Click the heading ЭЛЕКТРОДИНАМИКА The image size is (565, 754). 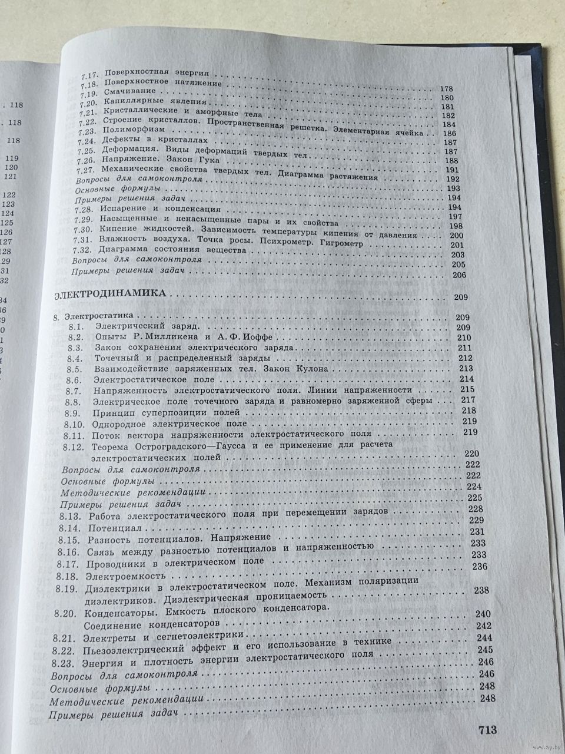[110, 294]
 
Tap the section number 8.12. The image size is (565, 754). [78, 448]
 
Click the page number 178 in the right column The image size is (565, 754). [447, 90]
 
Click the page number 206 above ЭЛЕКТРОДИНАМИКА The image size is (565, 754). [459, 276]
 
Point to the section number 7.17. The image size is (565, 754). [87, 72]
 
